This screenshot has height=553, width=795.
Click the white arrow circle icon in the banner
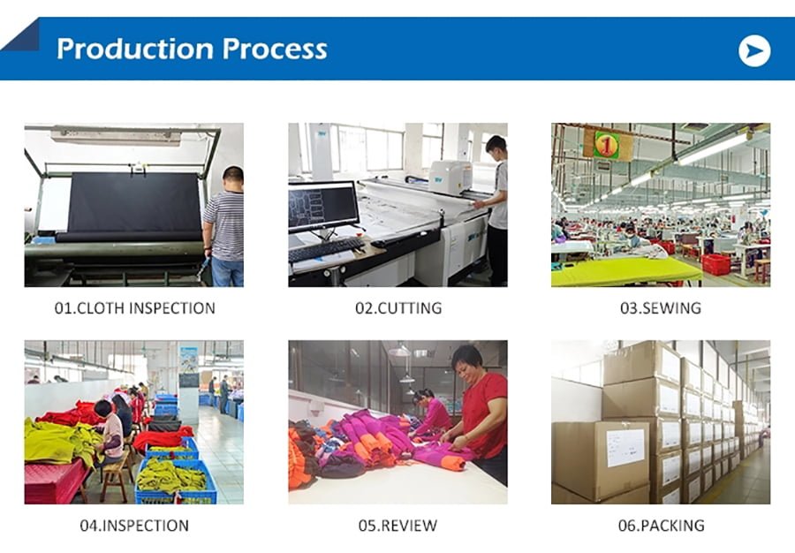point(754,50)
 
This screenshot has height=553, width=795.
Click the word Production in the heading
point(135,49)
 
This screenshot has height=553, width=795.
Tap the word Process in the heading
point(275,49)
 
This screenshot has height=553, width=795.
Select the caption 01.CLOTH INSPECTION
point(135,308)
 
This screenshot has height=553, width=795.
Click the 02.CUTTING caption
point(398,308)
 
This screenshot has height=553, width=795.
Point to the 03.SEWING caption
point(661,308)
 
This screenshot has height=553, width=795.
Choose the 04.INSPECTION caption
point(134,526)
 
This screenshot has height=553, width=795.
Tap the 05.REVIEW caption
point(398,526)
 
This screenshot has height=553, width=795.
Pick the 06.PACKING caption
point(661,526)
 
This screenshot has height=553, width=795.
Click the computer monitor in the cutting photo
point(323,207)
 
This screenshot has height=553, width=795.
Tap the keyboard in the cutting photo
point(327,249)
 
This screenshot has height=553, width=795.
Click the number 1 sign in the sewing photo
point(607,146)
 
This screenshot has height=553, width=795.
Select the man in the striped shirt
point(224,226)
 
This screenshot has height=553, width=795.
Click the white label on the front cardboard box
point(625,448)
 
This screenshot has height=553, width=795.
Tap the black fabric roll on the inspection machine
point(134,205)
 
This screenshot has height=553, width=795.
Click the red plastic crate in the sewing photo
point(715,265)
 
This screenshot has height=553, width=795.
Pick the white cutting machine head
point(450,178)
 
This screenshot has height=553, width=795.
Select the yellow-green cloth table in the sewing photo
point(626,272)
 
